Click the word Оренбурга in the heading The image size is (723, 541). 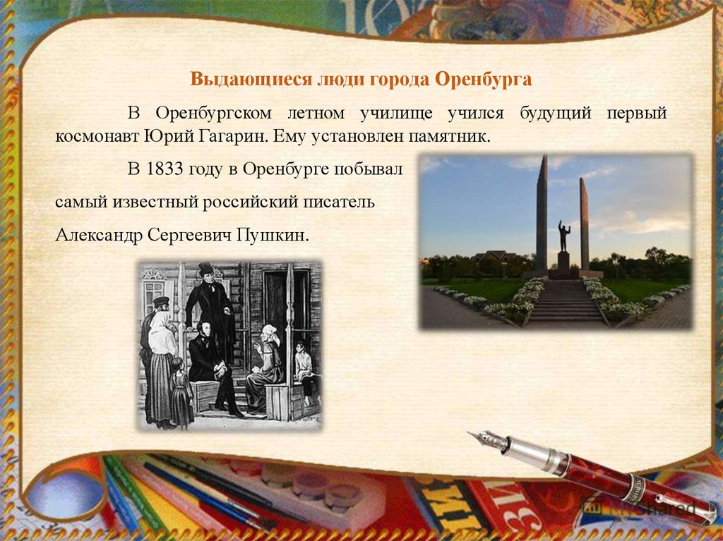483,79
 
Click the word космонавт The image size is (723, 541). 97,137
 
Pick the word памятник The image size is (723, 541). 448,137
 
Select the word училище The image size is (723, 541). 396,113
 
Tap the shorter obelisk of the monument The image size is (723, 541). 584,224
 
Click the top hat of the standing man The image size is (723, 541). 205,268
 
